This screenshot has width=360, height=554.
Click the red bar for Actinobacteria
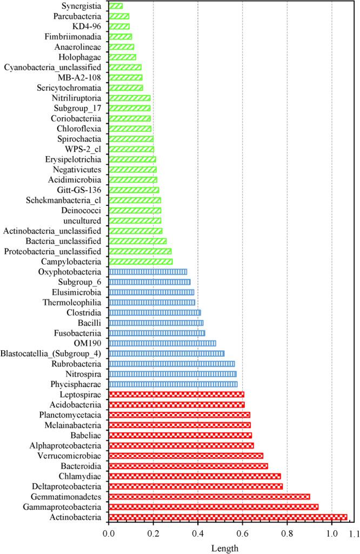pos(228,517)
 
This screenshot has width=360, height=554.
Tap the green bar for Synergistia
pos(115,6)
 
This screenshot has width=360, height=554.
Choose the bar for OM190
pos(162,343)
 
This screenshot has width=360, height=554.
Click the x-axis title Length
pos(224,548)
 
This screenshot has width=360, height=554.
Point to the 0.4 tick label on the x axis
pos(198,534)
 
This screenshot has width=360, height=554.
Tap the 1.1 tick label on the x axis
pos(354,534)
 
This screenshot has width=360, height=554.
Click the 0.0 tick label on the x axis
pos(109,534)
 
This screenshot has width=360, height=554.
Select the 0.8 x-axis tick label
pos(287,534)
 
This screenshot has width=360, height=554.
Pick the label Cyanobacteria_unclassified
pos(52,67)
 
